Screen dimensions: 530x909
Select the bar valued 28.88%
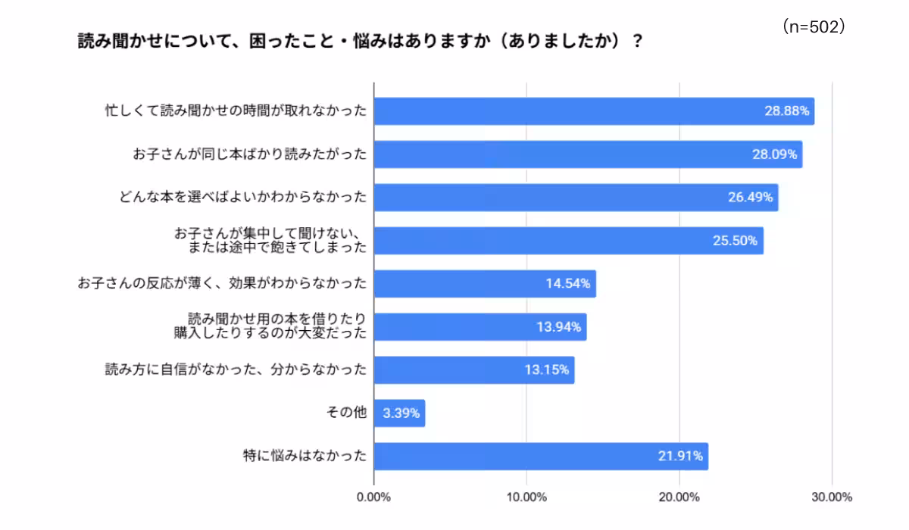coord(594,111)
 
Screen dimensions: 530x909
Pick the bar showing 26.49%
coord(576,198)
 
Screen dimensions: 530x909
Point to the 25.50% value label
coord(735,241)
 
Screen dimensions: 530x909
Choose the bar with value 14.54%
coord(485,284)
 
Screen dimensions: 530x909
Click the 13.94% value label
coord(558,327)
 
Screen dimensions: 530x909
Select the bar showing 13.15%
coord(474,370)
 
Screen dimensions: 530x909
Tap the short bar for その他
coord(399,413)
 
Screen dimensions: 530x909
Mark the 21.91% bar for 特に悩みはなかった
coord(541,457)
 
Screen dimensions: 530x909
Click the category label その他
coord(345,413)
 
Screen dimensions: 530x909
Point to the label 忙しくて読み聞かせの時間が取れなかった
coord(236,111)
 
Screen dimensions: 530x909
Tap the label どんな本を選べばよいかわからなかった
coord(242,198)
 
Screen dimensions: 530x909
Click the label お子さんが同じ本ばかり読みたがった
coord(249,154)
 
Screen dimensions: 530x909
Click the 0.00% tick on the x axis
coord(373,497)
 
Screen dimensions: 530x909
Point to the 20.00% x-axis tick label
coord(679,497)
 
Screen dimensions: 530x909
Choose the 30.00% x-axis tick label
coord(831,497)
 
